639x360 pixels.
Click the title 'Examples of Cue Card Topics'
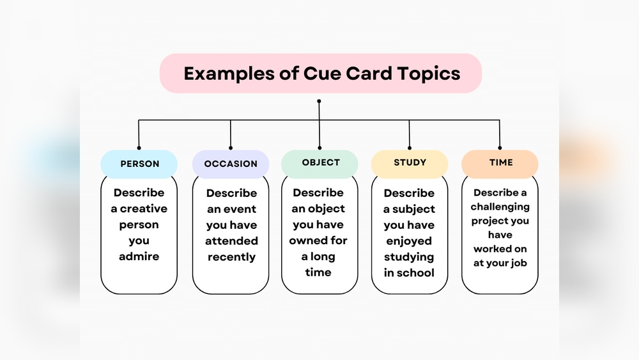tap(321, 74)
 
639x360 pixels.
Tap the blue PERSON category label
tap(139, 164)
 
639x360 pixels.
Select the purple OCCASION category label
tap(231, 164)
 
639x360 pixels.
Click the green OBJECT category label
tap(321, 162)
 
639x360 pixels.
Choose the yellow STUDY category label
tap(410, 162)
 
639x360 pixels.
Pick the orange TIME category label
tap(500, 162)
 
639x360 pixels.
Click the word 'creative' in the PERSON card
tap(144, 208)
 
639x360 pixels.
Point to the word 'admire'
tap(139, 256)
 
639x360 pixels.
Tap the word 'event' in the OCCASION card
tap(240, 209)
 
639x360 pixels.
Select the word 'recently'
tap(231, 257)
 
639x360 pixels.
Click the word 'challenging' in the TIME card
tap(500, 207)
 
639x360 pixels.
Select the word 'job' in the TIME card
tap(518, 263)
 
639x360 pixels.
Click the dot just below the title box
tap(319, 101)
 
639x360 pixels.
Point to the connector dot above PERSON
tap(139, 148)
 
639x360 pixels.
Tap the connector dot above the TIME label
tap(500, 148)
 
